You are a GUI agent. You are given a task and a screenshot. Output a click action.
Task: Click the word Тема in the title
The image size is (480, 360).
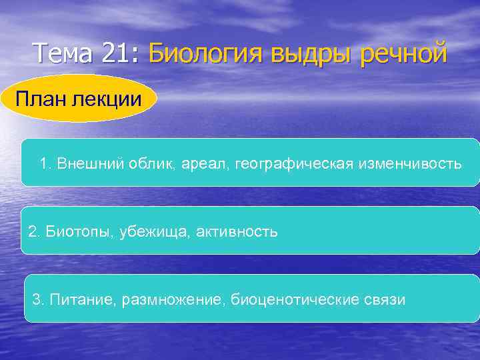click(x=65, y=53)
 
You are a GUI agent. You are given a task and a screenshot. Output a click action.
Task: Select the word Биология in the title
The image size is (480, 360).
click(x=206, y=53)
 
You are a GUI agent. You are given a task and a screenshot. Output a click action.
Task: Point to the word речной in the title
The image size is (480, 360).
click(x=403, y=53)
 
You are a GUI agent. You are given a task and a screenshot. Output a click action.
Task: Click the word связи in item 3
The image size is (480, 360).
click(x=383, y=299)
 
